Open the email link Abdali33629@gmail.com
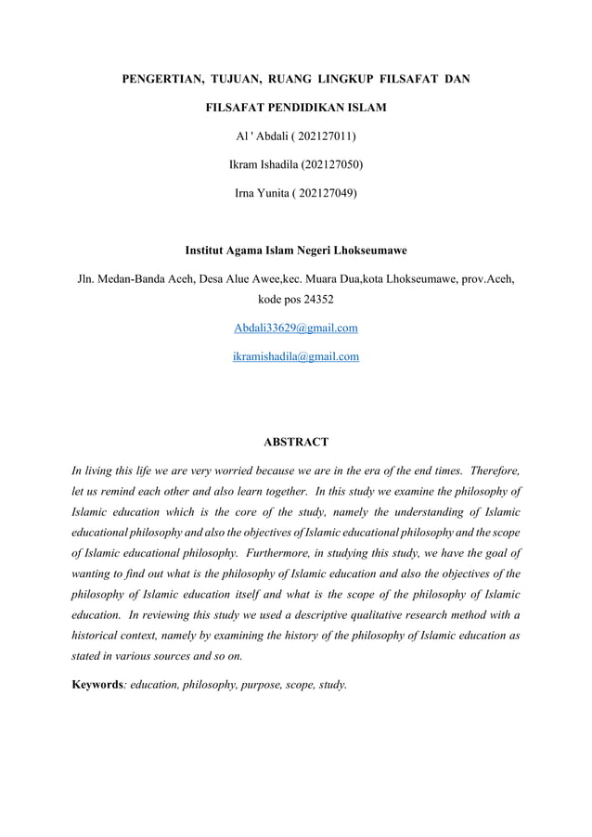(x=296, y=328)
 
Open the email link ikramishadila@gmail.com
(x=296, y=355)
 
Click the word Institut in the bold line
(x=209, y=251)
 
